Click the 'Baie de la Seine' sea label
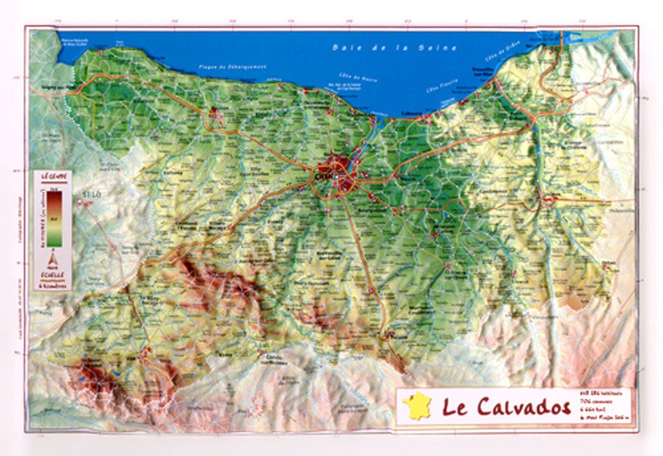pyautogui.click(x=395, y=48)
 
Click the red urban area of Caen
pyautogui.click(x=337, y=174)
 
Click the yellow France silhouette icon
pyautogui.click(x=417, y=406)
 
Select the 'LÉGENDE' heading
pyautogui.click(x=53, y=176)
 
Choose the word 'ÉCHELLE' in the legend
pyautogui.click(x=53, y=272)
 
